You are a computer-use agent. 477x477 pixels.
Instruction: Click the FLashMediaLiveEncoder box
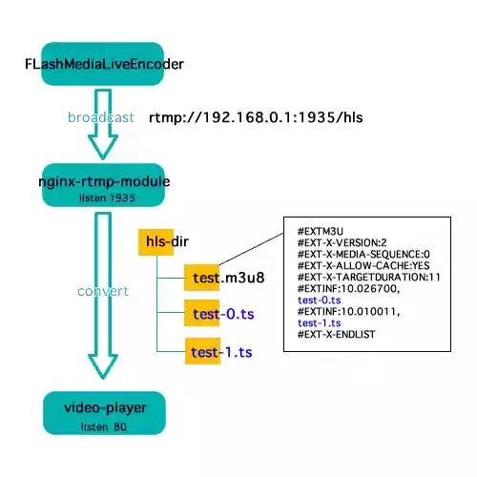pyautogui.click(x=103, y=65)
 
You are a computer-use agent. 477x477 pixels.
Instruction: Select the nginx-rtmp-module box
pyautogui.click(x=103, y=187)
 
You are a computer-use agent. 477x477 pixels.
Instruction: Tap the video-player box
pyautogui.click(x=103, y=413)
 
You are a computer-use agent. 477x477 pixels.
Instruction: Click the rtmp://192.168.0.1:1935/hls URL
pyautogui.click(x=257, y=117)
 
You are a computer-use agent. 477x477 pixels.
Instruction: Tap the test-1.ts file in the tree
pyautogui.click(x=221, y=352)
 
